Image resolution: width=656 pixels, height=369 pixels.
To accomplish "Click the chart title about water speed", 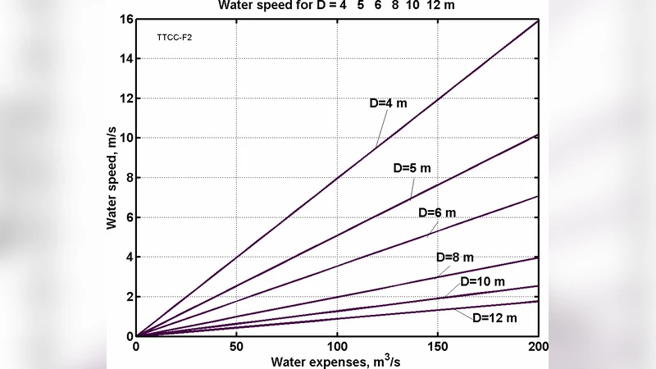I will [336, 6].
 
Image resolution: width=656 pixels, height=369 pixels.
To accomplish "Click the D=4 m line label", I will [388, 104].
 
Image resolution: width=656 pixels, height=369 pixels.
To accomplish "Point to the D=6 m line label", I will [436, 212].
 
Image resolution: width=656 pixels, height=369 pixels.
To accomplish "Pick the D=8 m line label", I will [455, 257].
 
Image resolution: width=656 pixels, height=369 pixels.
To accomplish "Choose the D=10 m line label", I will [482, 281].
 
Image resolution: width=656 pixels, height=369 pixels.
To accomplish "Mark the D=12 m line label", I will [494, 317].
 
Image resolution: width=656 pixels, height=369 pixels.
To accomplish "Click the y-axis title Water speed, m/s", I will [112, 178].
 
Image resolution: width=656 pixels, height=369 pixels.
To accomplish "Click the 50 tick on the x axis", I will [236, 346].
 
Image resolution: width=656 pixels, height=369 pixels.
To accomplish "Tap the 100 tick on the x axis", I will [337, 346].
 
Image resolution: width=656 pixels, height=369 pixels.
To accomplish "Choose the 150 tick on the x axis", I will [438, 346].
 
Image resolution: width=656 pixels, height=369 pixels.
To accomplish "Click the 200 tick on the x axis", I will [538, 346].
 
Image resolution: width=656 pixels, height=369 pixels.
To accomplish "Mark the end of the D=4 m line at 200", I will [538, 20].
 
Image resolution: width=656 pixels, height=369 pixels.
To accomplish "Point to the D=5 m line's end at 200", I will [538, 134].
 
